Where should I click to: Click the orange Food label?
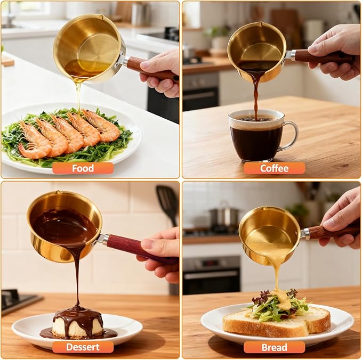coord(83,168)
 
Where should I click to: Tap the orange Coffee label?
coord(274,168)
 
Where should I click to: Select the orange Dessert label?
coord(83,347)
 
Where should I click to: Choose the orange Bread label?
coord(274,347)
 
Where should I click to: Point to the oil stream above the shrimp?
coord(78,96)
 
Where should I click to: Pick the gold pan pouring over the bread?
coord(269,235)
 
